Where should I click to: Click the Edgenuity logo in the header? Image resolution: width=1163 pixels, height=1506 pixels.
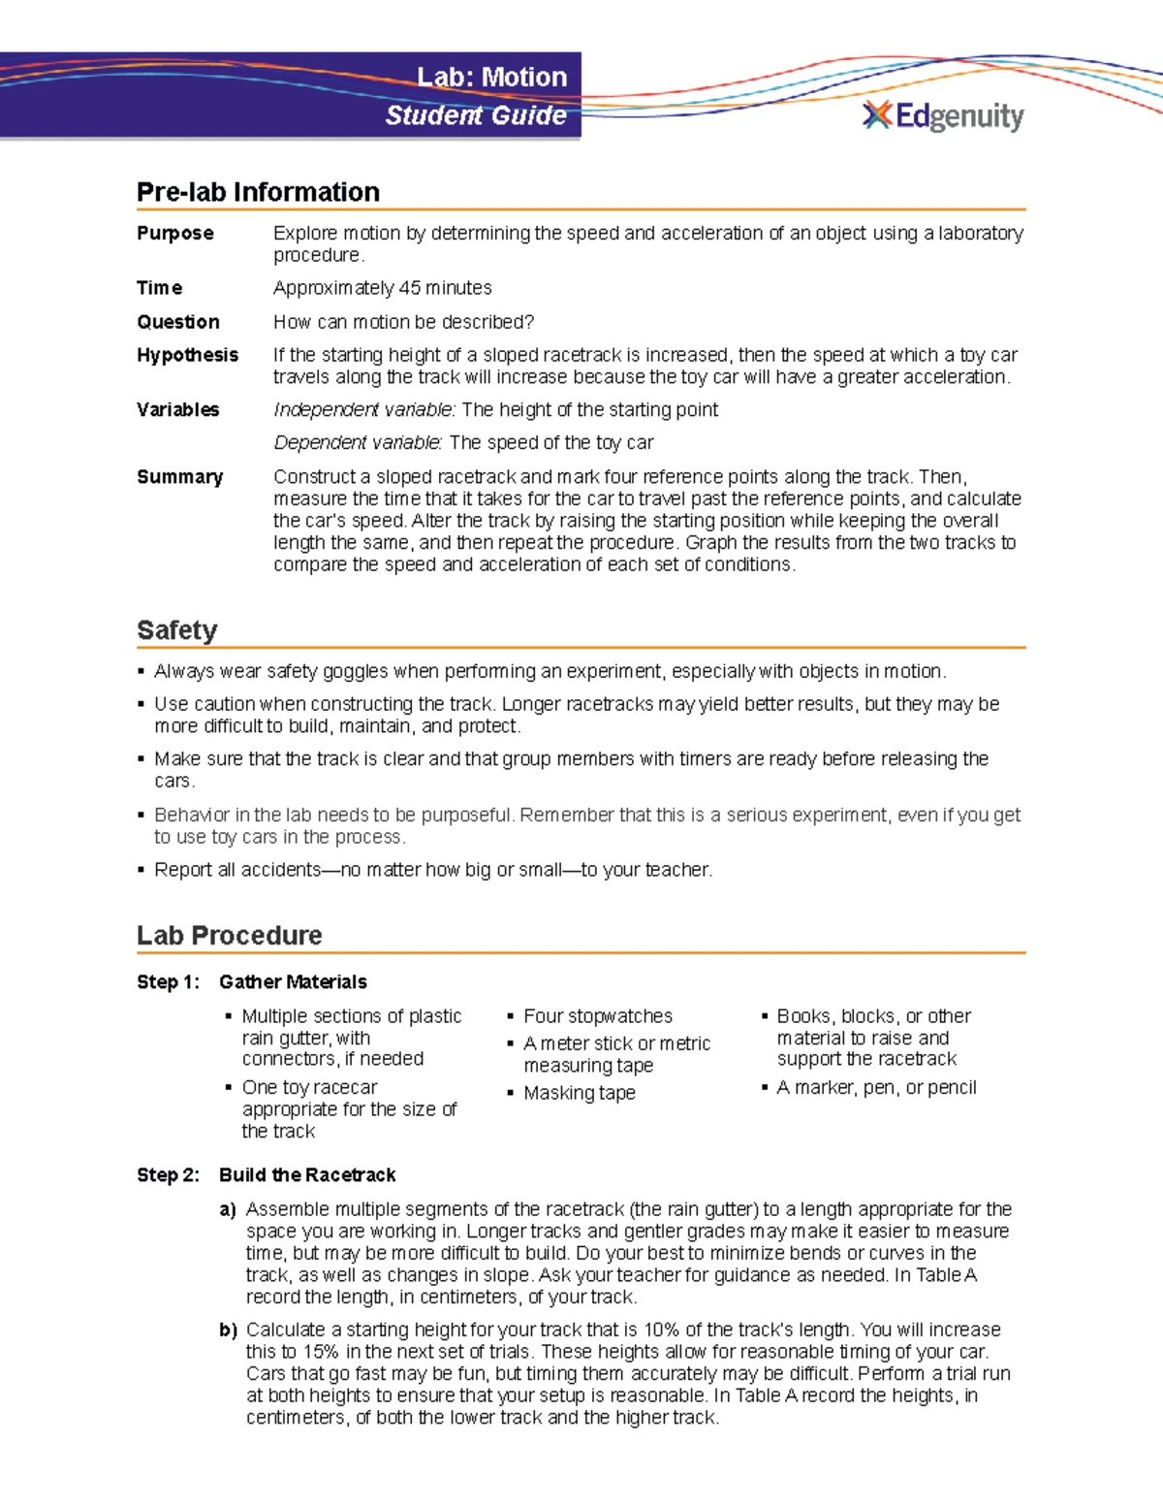(x=942, y=116)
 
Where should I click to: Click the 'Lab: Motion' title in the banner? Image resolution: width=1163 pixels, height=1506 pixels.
(x=491, y=78)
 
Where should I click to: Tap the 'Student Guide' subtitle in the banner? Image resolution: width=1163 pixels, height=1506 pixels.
(x=476, y=115)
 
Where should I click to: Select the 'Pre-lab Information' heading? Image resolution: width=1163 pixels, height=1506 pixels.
(x=258, y=192)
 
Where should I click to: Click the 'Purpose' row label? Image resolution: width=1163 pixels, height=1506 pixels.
(x=175, y=234)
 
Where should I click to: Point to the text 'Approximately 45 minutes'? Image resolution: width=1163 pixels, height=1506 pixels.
(x=382, y=288)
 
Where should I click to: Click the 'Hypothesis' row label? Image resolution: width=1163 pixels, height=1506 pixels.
(x=187, y=355)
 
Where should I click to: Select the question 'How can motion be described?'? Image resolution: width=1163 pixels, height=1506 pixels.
(x=403, y=322)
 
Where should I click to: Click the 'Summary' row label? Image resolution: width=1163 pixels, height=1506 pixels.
(x=179, y=477)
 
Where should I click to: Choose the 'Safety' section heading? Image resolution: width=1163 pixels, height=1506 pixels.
(x=176, y=630)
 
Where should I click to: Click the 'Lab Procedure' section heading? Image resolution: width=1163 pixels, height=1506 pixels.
(x=229, y=936)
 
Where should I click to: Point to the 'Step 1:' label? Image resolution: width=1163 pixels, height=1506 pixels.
(x=168, y=982)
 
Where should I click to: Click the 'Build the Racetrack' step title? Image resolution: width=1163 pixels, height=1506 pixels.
(x=307, y=1175)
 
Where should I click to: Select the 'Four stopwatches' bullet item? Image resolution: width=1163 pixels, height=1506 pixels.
(x=597, y=1016)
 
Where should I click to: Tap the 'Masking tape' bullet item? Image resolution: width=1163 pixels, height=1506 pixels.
(x=579, y=1093)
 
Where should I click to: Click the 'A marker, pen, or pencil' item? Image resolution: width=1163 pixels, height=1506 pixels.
(x=876, y=1088)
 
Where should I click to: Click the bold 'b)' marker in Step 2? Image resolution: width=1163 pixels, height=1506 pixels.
(x=228, y=1330)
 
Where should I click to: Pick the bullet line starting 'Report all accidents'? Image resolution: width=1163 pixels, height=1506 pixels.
(x=432, y=870)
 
